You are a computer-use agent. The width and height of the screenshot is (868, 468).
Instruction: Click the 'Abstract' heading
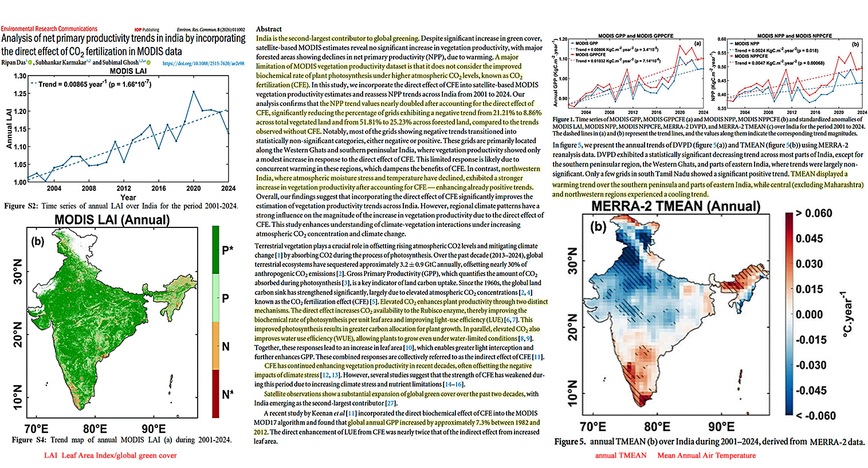tap(269, 29)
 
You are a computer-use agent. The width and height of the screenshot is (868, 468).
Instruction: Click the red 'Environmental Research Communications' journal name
tap(49, 29)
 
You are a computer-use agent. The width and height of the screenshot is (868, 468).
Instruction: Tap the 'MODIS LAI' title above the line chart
tap(128, 71)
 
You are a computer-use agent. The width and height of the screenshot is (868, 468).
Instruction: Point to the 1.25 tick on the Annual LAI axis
tap(19, 94)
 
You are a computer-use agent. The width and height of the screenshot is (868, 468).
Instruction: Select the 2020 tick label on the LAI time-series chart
tap(193, 188)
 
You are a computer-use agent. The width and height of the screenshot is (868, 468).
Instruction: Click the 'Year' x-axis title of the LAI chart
tap(128, 197)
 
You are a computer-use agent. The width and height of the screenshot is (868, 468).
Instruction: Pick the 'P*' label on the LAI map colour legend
tap(227, 250)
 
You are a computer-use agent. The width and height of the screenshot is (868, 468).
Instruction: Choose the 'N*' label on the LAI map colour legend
tap(227, 394)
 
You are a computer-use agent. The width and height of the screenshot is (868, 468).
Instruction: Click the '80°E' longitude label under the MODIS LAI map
tap(95, 429)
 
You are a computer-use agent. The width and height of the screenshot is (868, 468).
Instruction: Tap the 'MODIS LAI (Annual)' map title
tap(112, 220)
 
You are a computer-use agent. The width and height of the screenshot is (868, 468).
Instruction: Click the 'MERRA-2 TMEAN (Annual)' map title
tap(675, 206)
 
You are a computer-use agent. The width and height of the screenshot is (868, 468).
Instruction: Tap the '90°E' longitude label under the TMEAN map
tap(721, 427)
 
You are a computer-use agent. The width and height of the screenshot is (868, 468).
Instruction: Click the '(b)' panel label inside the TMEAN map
tap(598, 227)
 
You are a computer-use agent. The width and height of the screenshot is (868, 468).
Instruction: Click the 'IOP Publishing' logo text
tap(147, 30)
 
